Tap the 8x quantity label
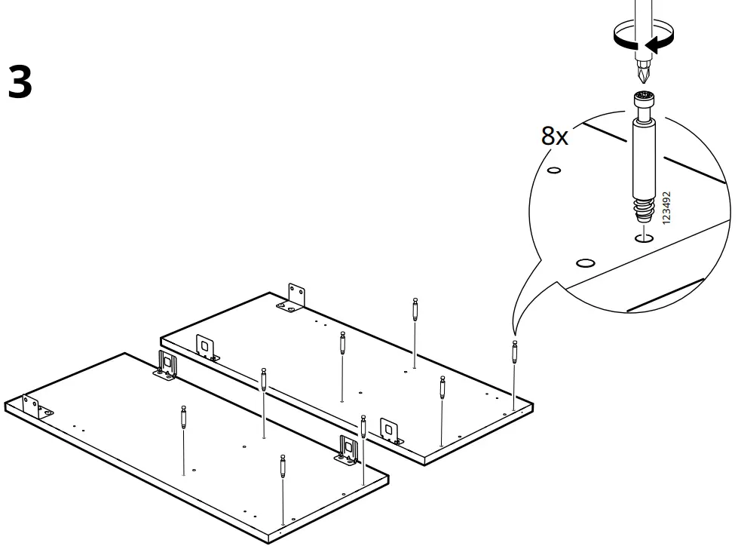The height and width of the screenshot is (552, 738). pos(555,136)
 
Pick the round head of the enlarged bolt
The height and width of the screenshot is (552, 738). pos(643,98)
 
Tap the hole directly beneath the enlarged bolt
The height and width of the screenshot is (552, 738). pos(644,239)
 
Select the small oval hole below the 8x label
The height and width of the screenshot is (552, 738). pos(554,170)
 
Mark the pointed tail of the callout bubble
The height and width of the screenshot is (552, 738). pos(514,332)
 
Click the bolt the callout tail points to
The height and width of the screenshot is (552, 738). pos(515,353)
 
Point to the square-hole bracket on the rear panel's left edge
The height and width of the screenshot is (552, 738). pos(205,346)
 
